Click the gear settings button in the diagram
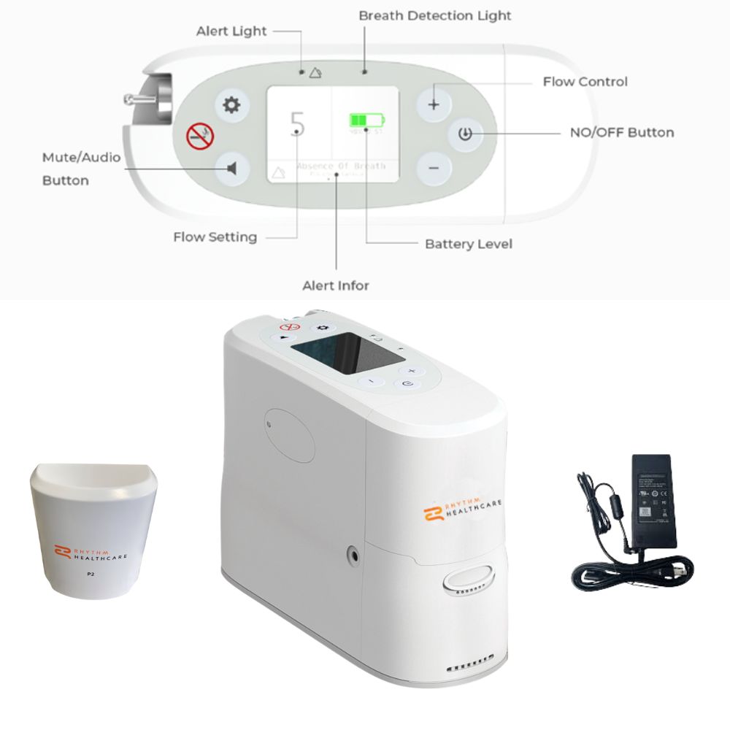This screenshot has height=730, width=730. (x=231, y=105)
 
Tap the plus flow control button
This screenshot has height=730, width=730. (x=434, y=104)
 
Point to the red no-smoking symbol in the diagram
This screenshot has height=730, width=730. (x=199, y=137)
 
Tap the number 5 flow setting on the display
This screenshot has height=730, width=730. (x=297, y=125)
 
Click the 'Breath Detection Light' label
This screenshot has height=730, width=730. (x=434, y=15)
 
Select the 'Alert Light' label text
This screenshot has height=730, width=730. (x=231, y=31)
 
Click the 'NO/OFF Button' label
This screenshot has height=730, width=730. (x=621, y=133)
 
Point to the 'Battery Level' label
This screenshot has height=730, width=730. (x=468, y=244)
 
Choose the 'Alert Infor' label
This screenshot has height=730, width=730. (x=336, y=285)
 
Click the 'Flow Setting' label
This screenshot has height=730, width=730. (x=215, y=237)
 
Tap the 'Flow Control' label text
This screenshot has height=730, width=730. (x=585, y=82)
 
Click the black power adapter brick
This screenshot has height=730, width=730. (x=654, y=501)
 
